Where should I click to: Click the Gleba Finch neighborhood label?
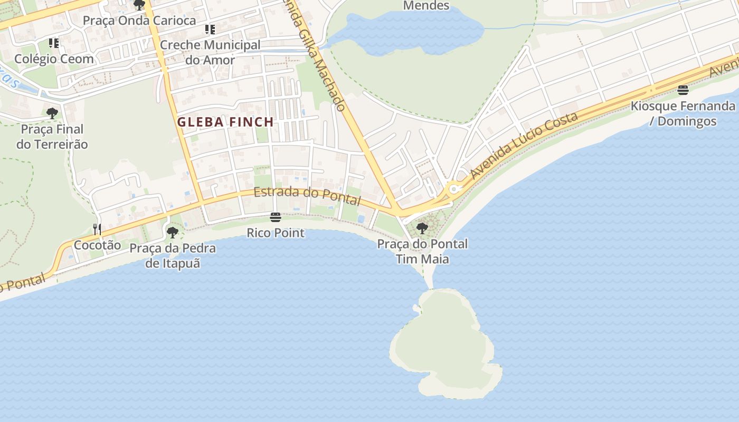tap(225, 122)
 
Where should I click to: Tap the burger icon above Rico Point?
tap(275, 217)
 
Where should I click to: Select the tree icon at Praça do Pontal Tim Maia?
tap(422, 228)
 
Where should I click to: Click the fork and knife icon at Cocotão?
tap(97, 229)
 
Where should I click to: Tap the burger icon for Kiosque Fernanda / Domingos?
tap(683, 90)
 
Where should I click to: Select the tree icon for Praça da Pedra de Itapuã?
tap(172, 232)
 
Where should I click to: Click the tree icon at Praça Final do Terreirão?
tap(52, 113)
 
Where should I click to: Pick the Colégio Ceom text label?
tap(54, 59)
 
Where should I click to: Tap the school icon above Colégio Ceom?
tap(54, 43)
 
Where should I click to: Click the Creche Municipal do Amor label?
tap(210, 52)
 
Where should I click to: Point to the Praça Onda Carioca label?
tap(139, 21)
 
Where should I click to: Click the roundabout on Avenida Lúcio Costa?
tap(453, 188)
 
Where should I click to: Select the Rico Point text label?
tap(276, 233)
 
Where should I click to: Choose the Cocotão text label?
tap(97, 245)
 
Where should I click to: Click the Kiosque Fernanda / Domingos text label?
tap(683, 113)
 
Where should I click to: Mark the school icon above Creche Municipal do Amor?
tap(210, 30)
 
